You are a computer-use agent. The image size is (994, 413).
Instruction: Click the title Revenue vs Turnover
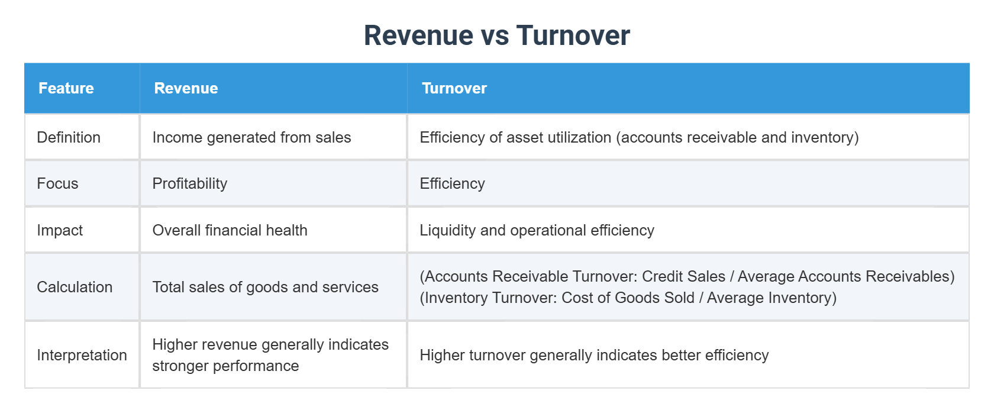(x=496, y=36)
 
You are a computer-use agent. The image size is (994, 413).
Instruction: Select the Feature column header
(x=66, y=88)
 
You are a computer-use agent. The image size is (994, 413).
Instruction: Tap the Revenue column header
(x=186, y=88)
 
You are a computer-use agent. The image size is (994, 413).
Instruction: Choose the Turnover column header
(x=454, y=88)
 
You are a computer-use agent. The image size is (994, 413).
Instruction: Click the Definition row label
(x=69, y=137)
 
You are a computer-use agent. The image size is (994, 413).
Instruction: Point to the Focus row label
(x=57, y=183)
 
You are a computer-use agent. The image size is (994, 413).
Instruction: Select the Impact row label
(x=60, y=230)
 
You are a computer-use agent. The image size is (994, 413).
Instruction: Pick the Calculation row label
(x=75, y=287)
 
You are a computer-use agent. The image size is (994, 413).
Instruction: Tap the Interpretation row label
(x=82, y=355)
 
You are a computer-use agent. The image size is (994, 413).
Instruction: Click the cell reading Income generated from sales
(x=251, y=137)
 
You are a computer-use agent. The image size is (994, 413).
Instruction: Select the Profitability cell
(x=189, y=183)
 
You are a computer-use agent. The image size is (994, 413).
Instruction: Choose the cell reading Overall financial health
(x=230, y=230)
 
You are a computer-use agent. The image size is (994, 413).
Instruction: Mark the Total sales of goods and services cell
(x=265, y=287)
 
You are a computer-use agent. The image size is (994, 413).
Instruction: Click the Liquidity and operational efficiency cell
(x=537, y=230)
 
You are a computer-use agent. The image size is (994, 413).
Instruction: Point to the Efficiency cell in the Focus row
(x=452, y=183)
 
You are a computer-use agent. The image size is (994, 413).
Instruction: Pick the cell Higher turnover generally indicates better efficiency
(x=594, y=355)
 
